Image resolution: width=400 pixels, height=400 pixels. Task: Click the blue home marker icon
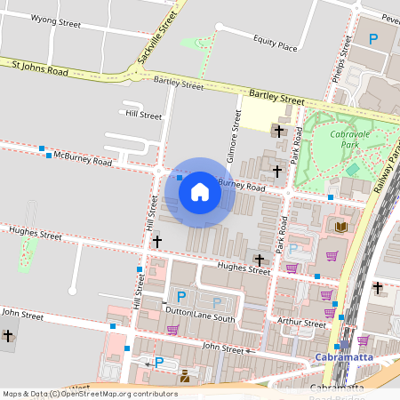tap(199, 192)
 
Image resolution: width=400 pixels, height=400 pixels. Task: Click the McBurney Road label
tap(83, 160)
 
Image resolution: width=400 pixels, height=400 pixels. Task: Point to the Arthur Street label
tap(302, 324)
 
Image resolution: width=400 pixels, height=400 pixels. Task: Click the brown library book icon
tap(340, 228)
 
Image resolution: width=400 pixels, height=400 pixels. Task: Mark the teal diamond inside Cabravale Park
tap(353, 168)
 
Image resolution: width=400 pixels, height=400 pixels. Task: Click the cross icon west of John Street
tap(8, 335)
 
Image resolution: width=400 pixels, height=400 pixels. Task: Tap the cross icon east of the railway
tap(378, 287)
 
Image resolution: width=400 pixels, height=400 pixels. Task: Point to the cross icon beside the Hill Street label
tap(157, 241)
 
